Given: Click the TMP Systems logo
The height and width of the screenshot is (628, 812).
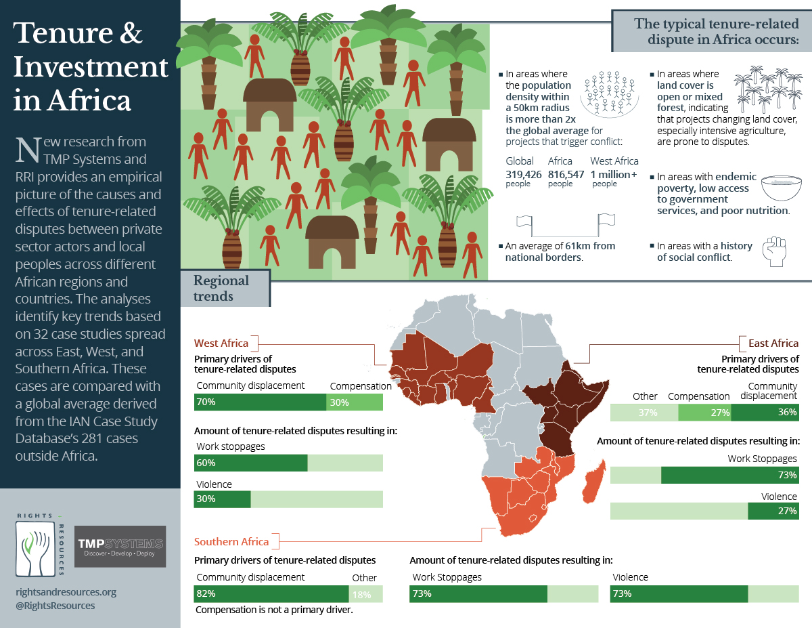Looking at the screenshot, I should click(120, 546).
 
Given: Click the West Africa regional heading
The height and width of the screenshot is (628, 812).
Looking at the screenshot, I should click(221, 343).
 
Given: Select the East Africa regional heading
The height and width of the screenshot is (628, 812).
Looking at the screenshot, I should click(773, 343).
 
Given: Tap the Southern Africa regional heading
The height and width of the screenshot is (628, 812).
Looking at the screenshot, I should click(231, 541).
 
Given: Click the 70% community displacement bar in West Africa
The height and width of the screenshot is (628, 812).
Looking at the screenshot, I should click(260, 402).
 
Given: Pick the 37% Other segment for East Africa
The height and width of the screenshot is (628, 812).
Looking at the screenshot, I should click(644, 413).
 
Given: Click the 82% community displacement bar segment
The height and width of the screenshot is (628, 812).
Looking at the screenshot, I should click(271, 594).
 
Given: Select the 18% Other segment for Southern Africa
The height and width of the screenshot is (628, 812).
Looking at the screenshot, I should click(365, 594).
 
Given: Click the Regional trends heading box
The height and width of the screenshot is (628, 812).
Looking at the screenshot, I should click(223, 288).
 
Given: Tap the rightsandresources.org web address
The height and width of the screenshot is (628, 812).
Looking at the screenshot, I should click(66, 591).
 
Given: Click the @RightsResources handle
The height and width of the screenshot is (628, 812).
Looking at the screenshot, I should click(55, 605).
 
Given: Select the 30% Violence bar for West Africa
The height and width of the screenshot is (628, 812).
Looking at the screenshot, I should click(223, 499).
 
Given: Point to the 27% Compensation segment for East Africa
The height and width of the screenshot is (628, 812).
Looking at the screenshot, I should click(704, 413).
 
